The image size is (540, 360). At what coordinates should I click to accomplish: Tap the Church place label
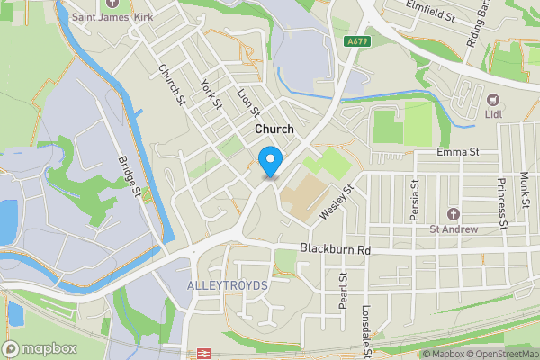(x=274, y=130)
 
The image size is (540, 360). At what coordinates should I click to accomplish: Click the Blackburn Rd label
(x=335, y=248)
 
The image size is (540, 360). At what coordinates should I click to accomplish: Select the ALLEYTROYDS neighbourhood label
(x=228, y=284)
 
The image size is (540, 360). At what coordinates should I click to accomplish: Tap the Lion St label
(x=247, y=102)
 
